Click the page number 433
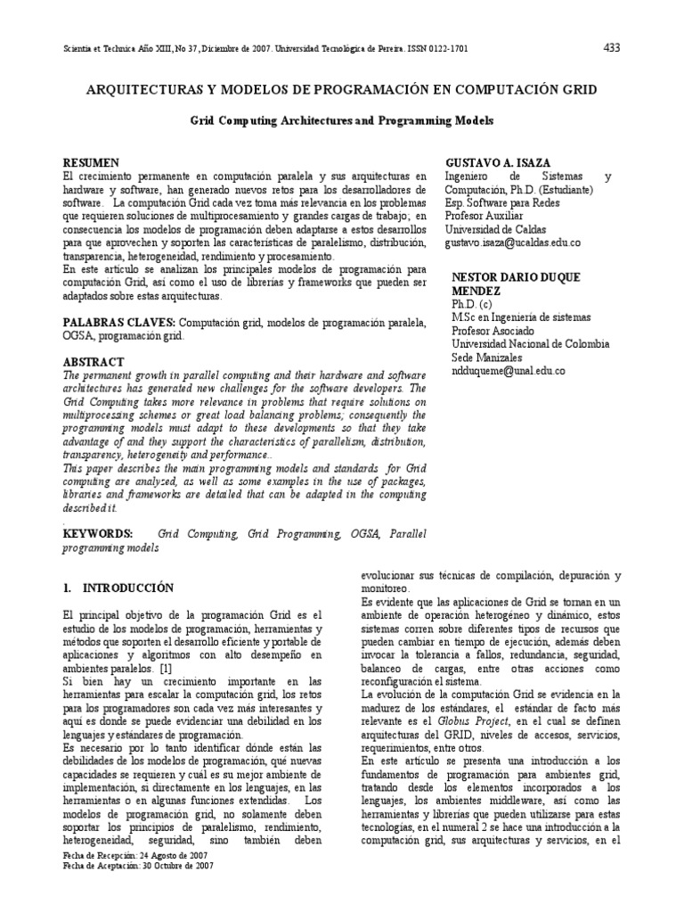[612, 47]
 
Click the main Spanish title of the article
[341, 90]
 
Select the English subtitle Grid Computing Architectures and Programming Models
[342, 119]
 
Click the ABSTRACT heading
[94, 363]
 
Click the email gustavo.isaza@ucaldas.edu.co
[512, 242]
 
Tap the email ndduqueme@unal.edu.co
[508, 370]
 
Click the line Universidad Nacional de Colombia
[531, 343]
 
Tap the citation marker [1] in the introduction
[166, 668]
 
